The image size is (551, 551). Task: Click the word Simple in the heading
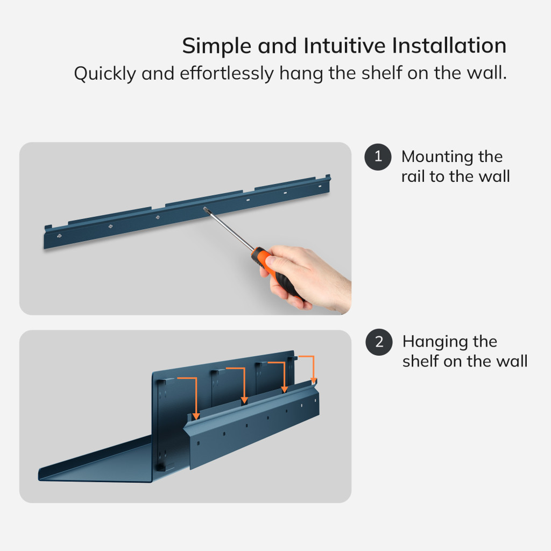pyautogui.click(x=216, y=47)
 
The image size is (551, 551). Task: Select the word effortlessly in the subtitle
pyautogui.click(x=227, y=73)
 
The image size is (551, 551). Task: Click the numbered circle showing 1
pyautogui.click(x=378, y=157)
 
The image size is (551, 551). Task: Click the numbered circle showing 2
pyautogui.click(x=379, y=342)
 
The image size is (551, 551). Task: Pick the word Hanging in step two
pyautogui.click(x=435, y=342)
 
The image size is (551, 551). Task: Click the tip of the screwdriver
pyautogui.click(x=204, y=209)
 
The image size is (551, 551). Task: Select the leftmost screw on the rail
pyautogui.click(x=59, y=236)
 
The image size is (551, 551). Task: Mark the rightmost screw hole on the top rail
pyautogui.click(x=320, y=186)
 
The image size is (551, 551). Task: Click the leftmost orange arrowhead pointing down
pyautogui.click(x=196, y=416)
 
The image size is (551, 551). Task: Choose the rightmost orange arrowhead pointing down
pyautogui.click(x=314, y=381)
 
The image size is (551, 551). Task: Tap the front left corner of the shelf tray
pyautogui.click(x=39, y=478)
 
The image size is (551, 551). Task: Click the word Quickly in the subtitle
pyautogui.click(x=105, y=74)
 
